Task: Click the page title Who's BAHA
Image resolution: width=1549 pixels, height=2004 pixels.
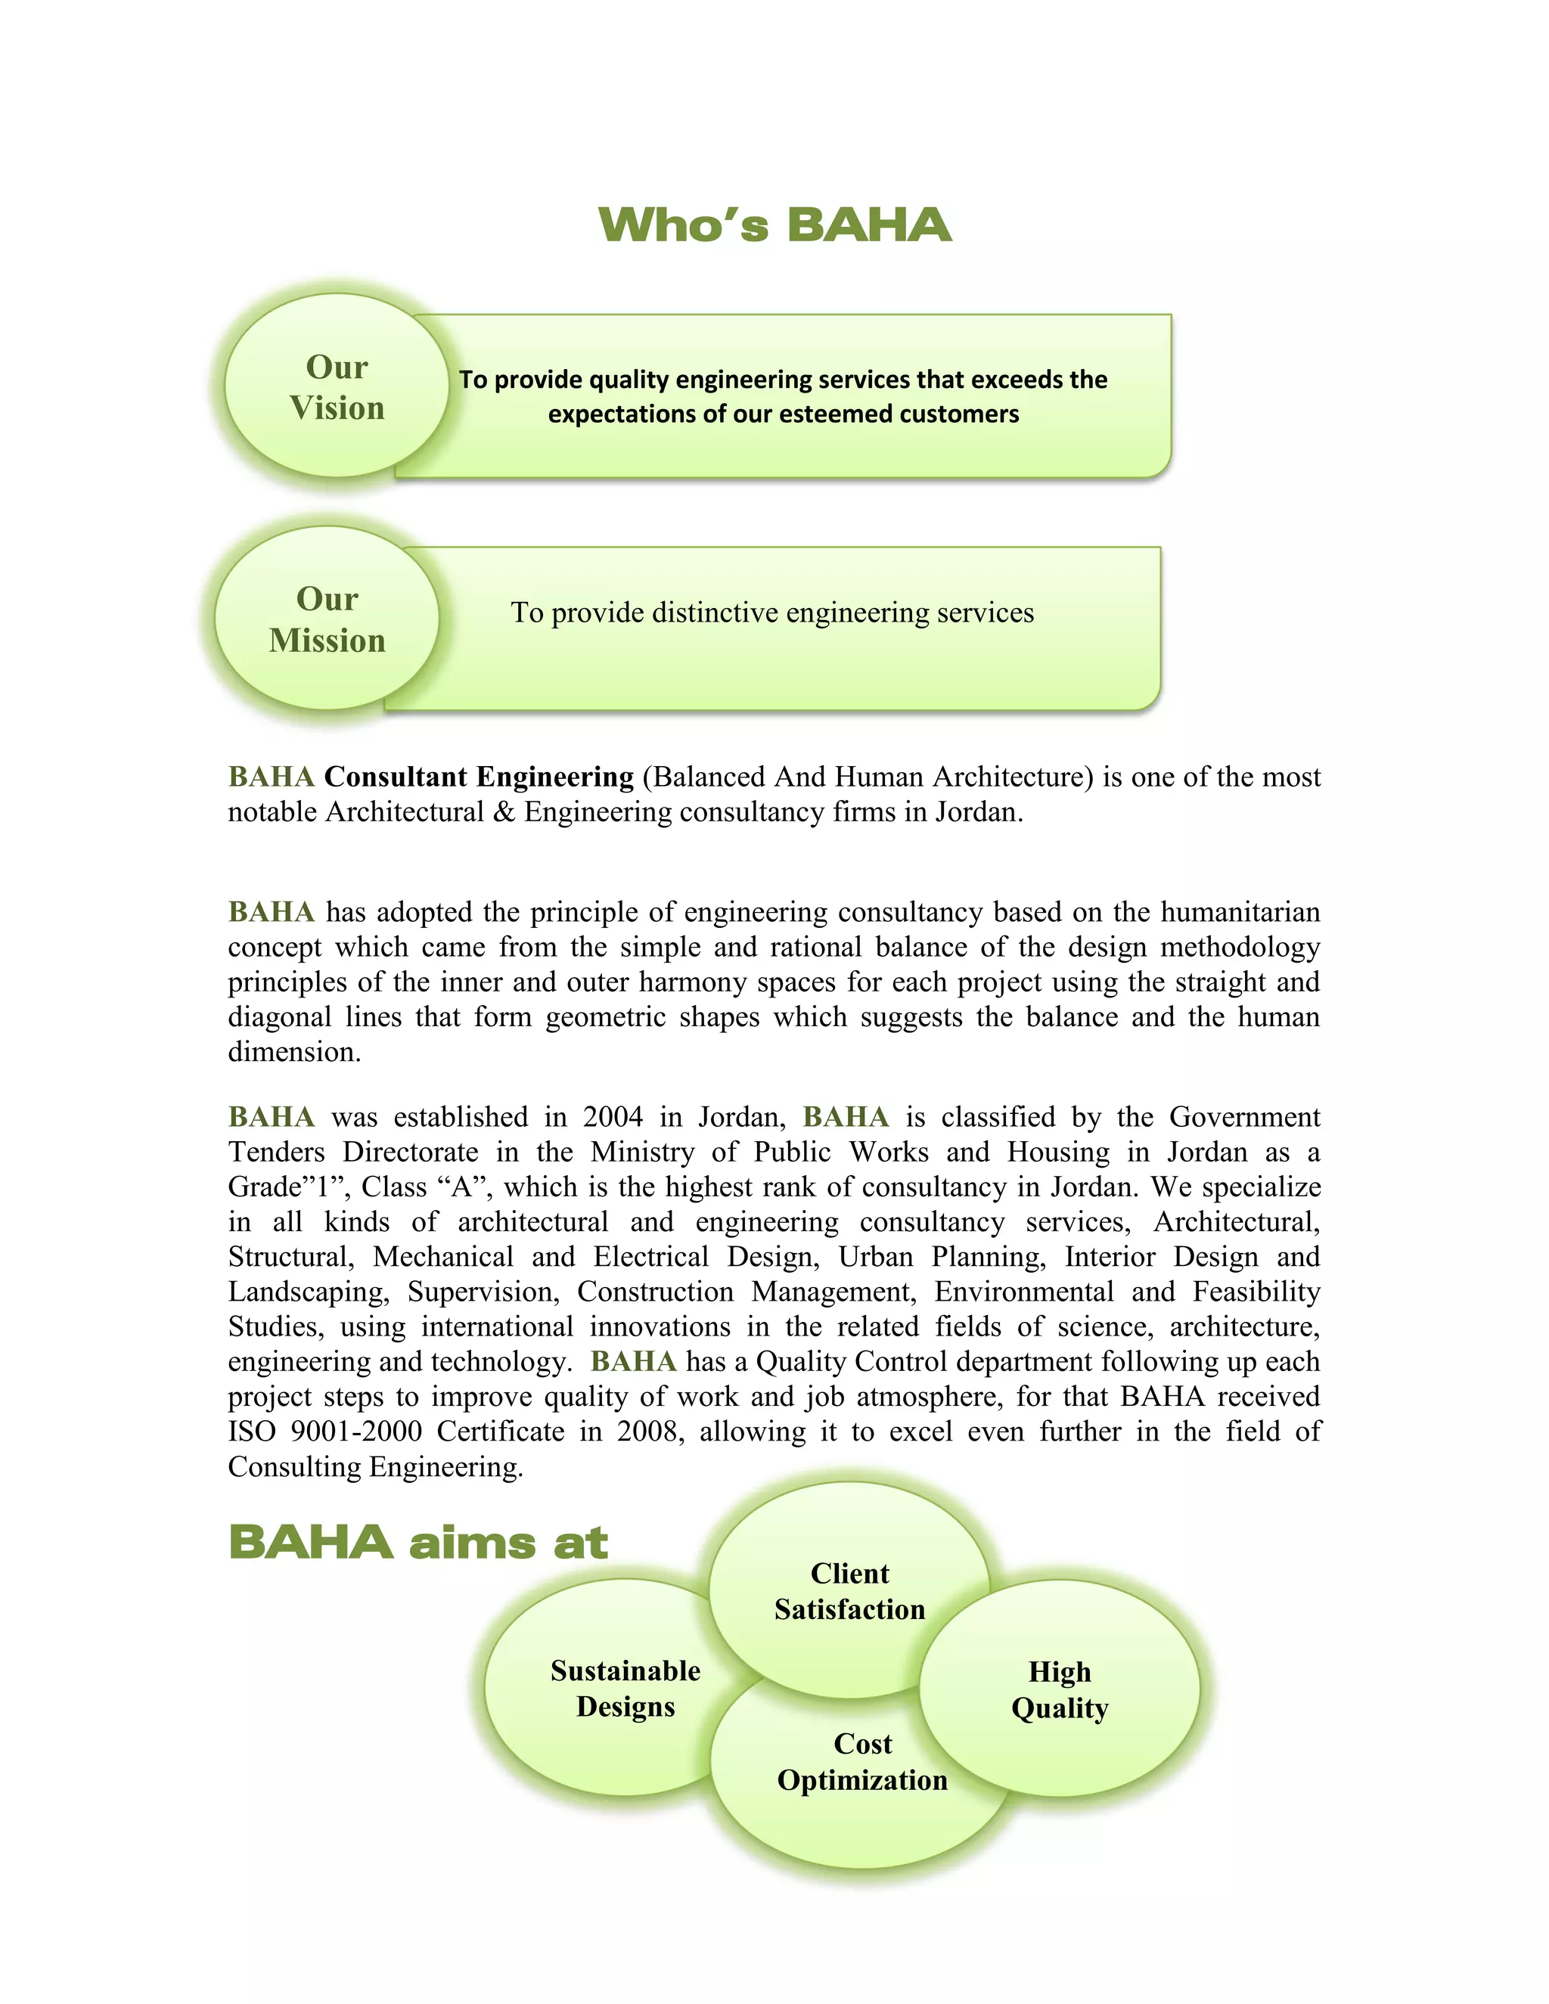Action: tap(774, 225)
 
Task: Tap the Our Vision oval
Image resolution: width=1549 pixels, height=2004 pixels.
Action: tap(336, 386)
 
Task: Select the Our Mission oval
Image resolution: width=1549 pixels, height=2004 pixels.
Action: tap(327, 619)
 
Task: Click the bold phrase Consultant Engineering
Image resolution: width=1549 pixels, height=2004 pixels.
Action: tap(478, 777)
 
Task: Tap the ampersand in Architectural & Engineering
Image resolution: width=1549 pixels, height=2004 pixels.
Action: tap(504, 812)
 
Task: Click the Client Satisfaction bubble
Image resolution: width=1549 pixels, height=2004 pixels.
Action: tap(849, 1591)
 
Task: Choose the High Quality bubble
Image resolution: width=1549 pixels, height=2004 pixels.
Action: tap(1060, 1689)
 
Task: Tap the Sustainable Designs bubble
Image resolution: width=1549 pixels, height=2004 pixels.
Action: tap(625, 1689)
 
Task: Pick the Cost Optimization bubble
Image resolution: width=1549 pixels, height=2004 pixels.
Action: tap(861, 1762)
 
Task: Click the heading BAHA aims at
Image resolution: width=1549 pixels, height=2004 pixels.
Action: tap(418, 1543)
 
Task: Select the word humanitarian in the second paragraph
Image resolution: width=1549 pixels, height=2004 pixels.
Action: tap(1240, 912)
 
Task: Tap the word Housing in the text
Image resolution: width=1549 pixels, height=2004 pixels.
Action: tap(1059, 1152)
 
